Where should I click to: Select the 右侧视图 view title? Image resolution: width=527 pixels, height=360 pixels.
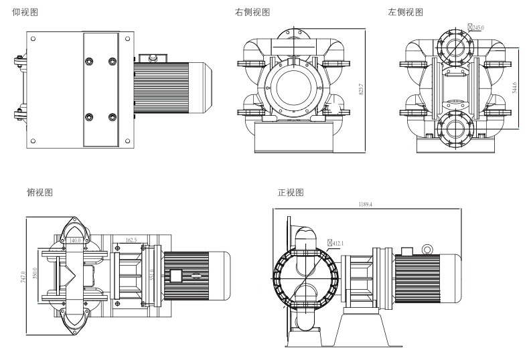[251, 12]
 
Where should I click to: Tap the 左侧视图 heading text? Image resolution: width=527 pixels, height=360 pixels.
[406, 12]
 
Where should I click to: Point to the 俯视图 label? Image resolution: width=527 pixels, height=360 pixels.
[39, 192]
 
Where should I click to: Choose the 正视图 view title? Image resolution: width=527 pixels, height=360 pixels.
[291, 192]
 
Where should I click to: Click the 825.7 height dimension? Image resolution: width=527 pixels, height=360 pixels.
[362, 89]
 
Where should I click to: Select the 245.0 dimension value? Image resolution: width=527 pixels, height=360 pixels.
[478, 27]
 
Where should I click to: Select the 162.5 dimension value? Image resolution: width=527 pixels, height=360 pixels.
[132, 240]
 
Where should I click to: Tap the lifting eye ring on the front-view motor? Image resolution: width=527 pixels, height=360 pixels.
[427, 250]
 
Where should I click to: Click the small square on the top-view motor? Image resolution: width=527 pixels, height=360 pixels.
[177, 274]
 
